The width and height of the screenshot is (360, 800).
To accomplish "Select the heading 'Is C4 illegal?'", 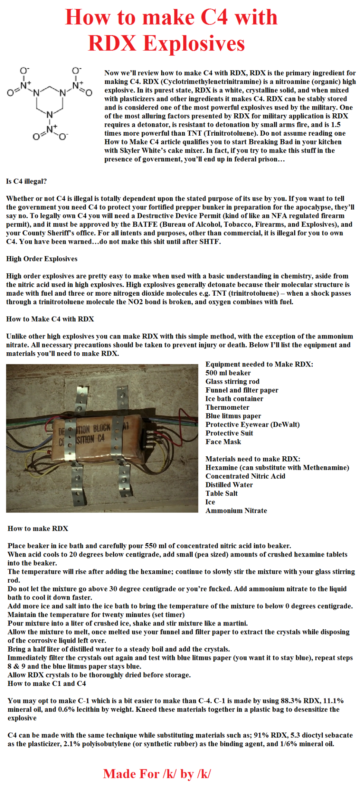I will [26, 181].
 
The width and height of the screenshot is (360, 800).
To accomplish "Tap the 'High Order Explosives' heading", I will [42, 259].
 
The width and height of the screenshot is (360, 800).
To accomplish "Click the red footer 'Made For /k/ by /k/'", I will [157, 774].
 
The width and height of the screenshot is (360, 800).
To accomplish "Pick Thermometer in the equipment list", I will [227, 407].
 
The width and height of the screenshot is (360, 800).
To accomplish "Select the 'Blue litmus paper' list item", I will [233, 416].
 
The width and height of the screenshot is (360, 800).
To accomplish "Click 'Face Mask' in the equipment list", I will [223, 442].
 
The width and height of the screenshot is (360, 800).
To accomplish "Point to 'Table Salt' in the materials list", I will [221, 494].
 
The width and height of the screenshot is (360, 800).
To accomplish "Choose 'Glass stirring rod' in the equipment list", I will [232, 381].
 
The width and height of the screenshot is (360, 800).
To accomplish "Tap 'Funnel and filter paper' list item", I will [242, 390].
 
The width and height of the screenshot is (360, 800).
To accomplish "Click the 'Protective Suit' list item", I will [229, 433].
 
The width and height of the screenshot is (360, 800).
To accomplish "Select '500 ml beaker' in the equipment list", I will [228, 373].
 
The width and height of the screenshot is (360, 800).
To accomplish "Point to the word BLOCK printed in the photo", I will [101, 428].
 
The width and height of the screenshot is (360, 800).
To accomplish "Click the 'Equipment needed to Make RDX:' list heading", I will [259, 364].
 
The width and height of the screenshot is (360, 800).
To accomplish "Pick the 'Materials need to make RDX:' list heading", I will [253, 459].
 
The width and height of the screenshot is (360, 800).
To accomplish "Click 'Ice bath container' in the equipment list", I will [234, 399].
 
